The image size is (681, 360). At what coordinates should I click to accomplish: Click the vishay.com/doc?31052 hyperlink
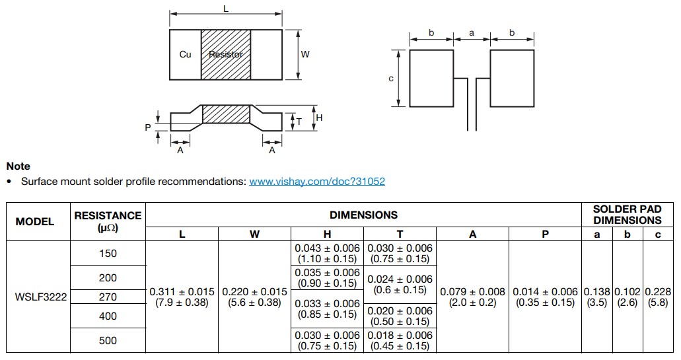316,181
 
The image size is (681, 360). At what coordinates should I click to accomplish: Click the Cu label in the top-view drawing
185,54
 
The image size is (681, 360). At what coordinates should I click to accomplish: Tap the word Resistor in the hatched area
226,54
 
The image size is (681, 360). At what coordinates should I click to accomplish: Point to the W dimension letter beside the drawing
305,54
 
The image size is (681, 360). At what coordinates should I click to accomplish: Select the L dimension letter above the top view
226,9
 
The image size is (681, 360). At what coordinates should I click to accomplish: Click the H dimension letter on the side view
319,118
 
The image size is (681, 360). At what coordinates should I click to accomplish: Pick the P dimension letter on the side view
148,127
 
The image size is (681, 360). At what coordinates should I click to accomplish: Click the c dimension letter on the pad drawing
391,79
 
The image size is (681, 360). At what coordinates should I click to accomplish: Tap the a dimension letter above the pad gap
472,32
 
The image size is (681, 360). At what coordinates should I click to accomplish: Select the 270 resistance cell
108,297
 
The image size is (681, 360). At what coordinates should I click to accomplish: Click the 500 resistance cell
108,341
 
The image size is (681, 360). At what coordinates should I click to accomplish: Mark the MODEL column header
35,221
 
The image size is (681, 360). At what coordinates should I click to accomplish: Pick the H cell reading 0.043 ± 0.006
328,253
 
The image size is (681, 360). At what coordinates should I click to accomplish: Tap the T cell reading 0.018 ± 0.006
400,341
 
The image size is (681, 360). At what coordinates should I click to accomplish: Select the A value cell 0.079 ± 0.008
473,297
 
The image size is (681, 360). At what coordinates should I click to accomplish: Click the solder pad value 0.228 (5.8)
658,297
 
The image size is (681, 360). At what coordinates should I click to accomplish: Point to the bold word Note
18,166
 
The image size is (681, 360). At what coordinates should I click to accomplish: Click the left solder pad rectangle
431,78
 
